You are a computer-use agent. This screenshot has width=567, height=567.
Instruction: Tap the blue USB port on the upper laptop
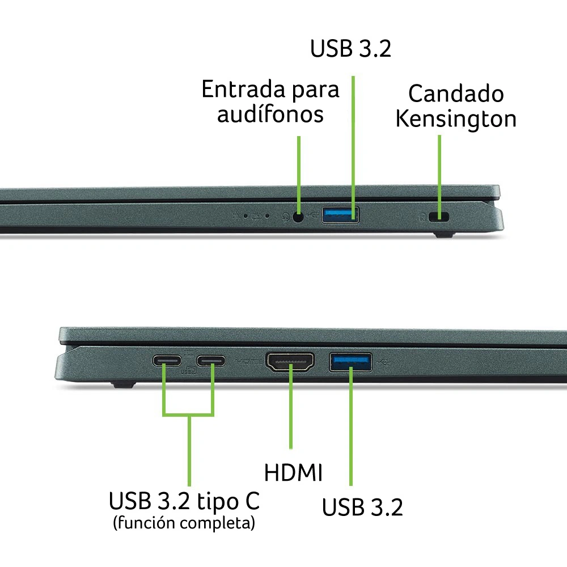point(340,215)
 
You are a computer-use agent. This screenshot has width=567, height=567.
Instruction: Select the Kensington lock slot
point(439,217)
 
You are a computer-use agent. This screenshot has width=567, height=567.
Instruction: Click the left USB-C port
point(167,361)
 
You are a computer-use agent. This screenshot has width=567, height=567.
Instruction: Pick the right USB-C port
point(211,361)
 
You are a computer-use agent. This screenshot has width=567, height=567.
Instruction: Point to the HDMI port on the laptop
point(290,362)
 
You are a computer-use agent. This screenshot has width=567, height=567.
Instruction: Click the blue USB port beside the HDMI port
point(350,362)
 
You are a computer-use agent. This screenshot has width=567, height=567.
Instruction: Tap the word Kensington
point(456,119)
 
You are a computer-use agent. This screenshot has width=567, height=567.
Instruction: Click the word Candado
point(456,94)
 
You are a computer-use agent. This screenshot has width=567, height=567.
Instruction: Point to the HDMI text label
point(293,472)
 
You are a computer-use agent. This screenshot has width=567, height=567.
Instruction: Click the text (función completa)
point(184,523)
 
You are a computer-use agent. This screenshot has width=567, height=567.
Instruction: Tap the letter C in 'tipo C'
point(252,501)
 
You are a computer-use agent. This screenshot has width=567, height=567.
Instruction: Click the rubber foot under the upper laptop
point(443,235)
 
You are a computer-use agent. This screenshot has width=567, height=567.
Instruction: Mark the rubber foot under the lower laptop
point(124,384)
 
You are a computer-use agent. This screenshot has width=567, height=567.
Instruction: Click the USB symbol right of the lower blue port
point(384,362)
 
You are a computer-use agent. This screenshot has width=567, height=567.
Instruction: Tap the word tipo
point(218,502)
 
